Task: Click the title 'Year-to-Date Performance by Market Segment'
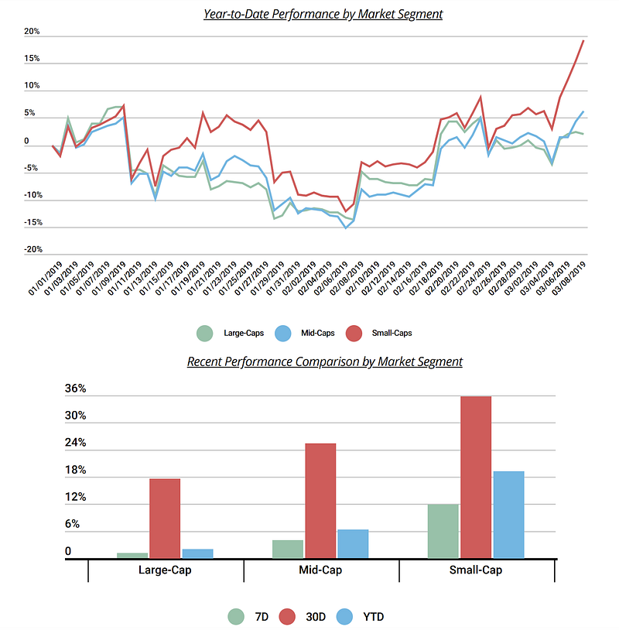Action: click(323, 14)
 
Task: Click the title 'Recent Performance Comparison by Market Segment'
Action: click(324, 361)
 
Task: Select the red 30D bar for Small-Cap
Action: click(476, 477)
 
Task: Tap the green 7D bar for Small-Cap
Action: click(443, 531)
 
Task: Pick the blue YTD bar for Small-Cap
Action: click(508, 515)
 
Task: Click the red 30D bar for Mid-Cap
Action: click(320, 501)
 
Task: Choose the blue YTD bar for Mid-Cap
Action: click(353, 543)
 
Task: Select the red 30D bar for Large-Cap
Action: click(165, 518)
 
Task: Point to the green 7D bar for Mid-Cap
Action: click(288, 549)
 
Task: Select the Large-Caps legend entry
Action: click(232, 333)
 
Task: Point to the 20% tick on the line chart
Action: click(32, 33)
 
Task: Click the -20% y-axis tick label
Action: click(32, 250)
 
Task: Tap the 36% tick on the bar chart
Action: click(75, 389)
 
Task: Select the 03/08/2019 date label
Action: click(569, 282)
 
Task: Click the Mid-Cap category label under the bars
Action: click(320, 570)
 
